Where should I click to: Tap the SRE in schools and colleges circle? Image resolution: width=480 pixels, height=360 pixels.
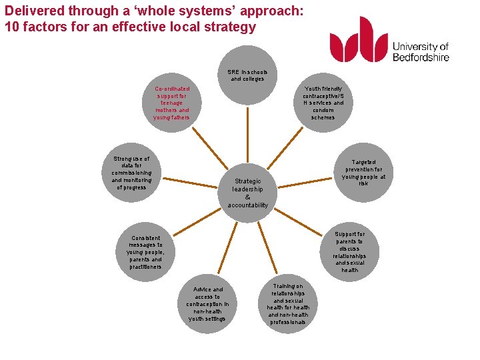(x=247, y=75)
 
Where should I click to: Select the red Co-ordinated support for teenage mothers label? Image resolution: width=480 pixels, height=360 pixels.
(x=172, y=103)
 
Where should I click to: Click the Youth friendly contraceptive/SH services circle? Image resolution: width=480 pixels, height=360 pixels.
(x=323, y=103)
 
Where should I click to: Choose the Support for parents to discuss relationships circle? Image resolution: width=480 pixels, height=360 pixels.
(x=349, y=251)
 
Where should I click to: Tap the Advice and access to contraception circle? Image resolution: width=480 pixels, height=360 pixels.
(x=207, y=303)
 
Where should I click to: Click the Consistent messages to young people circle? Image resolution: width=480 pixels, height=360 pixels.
(x=146, y=252)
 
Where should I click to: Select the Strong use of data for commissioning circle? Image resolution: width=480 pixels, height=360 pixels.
(x=131, y=173)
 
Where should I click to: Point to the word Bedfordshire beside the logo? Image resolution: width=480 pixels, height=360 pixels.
(x=421, y=57)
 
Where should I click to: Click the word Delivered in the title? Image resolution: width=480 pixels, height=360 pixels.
(x=33, y=11)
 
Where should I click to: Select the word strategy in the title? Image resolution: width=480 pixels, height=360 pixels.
(x=233, y=27)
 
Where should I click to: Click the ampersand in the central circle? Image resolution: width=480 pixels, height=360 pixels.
(x=247, y=197)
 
